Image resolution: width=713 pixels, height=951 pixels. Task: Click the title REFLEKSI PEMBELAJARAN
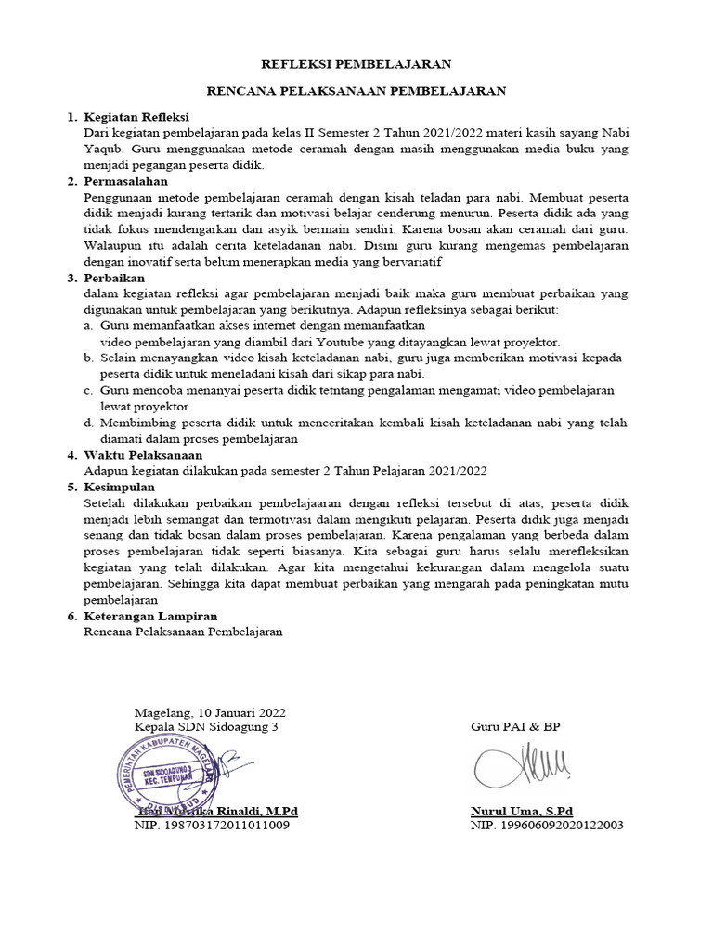(x=356, y=64)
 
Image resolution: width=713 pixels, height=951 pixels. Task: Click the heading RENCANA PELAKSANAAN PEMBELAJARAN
(x=356, y=91)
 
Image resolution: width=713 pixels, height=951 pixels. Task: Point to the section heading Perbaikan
(x=115, y=278)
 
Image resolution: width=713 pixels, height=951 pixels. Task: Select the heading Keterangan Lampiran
(x=150, y=616)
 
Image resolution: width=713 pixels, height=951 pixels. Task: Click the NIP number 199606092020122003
(x=547, y=825)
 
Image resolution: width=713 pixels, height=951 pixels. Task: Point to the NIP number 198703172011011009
(x=212, y=825)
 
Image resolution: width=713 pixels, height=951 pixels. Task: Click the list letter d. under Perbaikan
(x=88, y=423)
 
